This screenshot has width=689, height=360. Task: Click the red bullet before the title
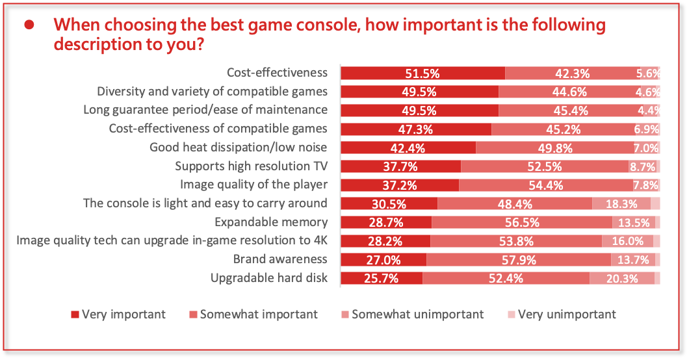point(29,25)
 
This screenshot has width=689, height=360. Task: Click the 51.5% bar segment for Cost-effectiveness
point(422,73)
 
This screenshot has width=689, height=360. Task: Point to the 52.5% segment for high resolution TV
point(545,166)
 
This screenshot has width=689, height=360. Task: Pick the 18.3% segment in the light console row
point(622,203)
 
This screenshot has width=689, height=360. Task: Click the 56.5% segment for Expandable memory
point(522,222)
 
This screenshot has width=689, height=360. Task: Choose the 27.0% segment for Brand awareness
point(383,260)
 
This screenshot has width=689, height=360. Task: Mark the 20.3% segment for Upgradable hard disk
point(622,279)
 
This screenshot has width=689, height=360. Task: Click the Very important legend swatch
point(75,315)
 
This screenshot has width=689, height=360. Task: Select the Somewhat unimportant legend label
point(417,315)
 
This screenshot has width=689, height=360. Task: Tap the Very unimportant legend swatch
point(511,315)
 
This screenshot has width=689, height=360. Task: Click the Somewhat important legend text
point(259,315)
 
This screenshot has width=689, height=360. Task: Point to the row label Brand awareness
point(280,259)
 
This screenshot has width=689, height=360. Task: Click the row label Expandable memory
point(271,222)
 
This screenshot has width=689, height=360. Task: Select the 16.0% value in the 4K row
point(628,241)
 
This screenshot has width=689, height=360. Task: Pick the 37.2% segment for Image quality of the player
point(400,185)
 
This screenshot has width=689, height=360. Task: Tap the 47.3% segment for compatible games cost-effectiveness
point(416,129)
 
